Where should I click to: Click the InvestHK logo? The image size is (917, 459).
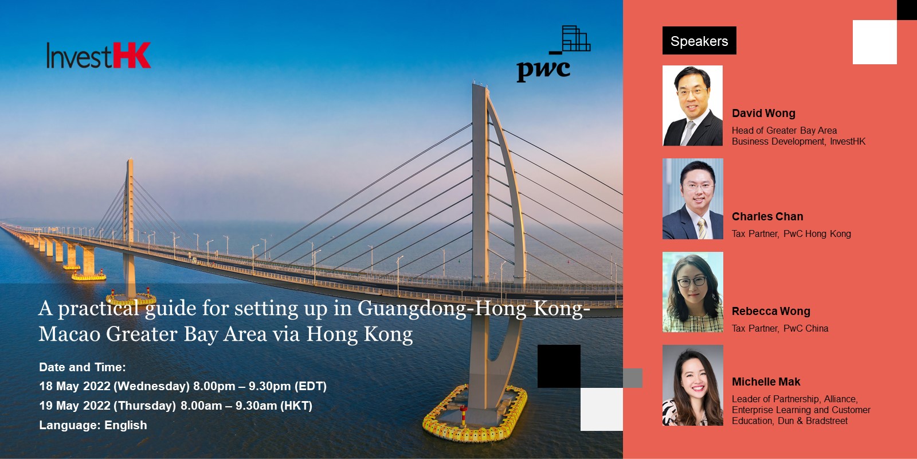click(99, 55)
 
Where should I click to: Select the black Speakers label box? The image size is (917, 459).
click(699, 41)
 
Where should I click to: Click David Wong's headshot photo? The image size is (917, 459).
click(693, 106)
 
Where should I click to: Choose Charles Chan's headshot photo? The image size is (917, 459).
click(693, 199)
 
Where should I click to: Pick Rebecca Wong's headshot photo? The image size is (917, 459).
click(693, 292)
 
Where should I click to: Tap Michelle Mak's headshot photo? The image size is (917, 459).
click(693, 385)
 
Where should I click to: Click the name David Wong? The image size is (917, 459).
click(763, 113)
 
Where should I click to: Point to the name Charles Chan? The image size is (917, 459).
click(767, 216)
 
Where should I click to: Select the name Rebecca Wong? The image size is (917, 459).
click(771, 311)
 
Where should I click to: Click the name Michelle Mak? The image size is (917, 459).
click(766, 382)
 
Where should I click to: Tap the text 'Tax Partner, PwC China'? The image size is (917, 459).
click(780, 328)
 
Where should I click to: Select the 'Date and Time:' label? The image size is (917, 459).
click(83, 367)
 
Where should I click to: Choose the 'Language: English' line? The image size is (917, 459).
click(93, 425)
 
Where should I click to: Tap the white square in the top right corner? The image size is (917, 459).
click(875, 42)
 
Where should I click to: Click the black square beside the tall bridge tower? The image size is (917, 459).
click(559, 367)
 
